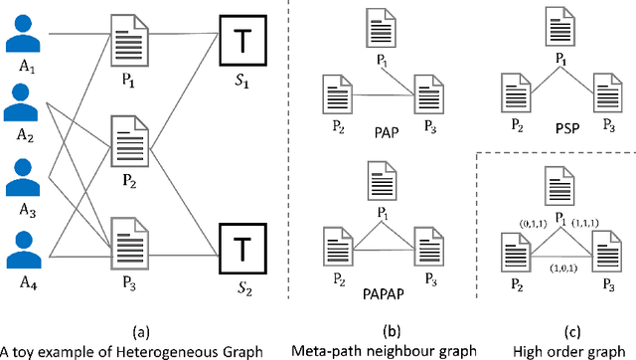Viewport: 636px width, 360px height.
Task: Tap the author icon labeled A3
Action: [x=27, y=173]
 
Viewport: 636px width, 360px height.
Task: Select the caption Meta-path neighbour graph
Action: [x=374, y=350]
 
